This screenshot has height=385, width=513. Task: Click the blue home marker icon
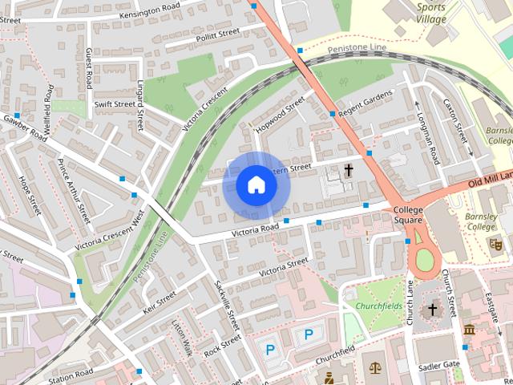pos(256,184)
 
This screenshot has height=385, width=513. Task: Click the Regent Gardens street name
pos(366,103)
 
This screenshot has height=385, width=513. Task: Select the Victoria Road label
pos(255,229)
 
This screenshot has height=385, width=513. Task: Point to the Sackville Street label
pos(227,304)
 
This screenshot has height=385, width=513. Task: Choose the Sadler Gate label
pos(438,365)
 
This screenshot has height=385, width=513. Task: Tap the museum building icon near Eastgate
pos(469,330)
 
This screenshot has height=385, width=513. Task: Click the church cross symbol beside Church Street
pos(433,309)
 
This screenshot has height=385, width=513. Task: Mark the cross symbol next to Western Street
pos(349,170)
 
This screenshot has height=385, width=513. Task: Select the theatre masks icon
pos(495,242)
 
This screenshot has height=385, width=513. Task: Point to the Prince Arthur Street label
pos(73,192)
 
